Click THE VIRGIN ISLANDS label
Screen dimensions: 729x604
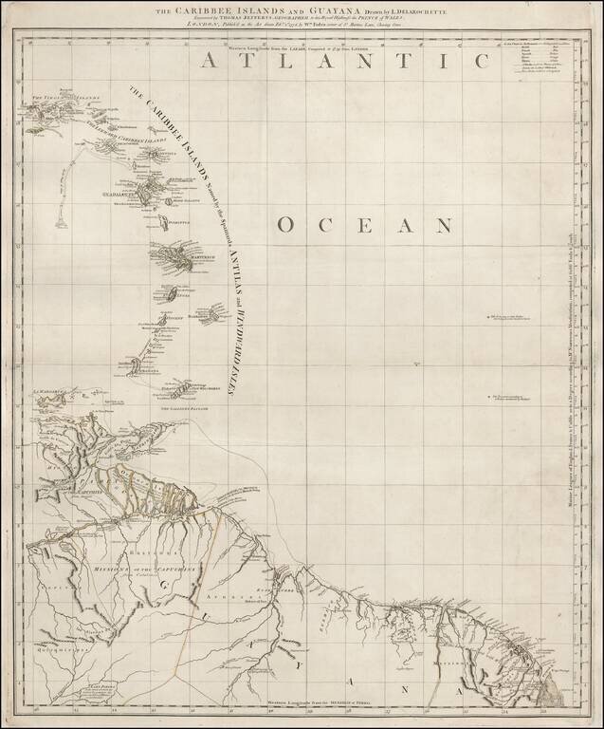[x=66, y=99]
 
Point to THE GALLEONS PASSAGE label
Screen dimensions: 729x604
[x=182, y=406]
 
